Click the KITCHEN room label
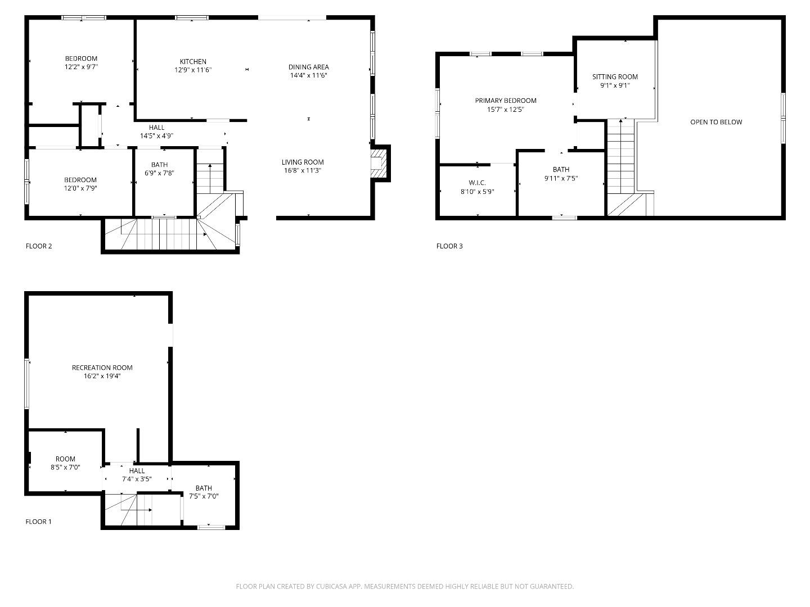coord(193,62)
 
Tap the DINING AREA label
coord(308,67)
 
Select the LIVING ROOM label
coord(303,162)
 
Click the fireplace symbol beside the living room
coord(379,162)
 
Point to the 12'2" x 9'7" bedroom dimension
coord(81,67)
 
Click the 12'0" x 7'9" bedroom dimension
coord(80,188)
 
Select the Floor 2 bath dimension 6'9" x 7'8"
coord(159,173)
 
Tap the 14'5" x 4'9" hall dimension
coord(156,136)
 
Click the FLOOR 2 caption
coord(39,246)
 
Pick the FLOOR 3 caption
coord(449,246)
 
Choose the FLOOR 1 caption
coord(38,522)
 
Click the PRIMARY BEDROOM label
coord(506,101)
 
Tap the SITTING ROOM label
coord(615,77)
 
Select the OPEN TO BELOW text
coord(716,122)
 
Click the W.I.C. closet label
coord(477,183)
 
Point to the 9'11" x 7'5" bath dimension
coord(561,178)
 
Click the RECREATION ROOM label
coord(102,368)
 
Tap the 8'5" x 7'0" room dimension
coord(65,467)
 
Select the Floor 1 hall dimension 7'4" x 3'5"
coord(137,479)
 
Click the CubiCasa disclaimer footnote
coord(404,586)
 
